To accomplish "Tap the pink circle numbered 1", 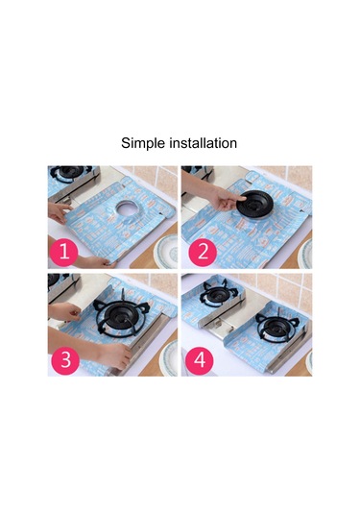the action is pyautogui.click(x=64, y=252).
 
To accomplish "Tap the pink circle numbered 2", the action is pyautogui.click(x=203, y=252).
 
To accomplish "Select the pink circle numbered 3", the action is pyautogui.click(x=65, y=359).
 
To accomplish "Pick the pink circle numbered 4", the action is pyautogui.click(x=200, y=359).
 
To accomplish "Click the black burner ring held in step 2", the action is pyautogui.click(x=254, y=205).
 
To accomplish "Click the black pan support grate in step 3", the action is pyautogui.click(x=120, y=314).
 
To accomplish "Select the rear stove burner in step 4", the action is pyautogui.click(x=216, y=293).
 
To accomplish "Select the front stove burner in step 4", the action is pyautogui.click(x=277, y=325).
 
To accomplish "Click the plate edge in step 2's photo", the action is pyautogui.click(x=305, y=254).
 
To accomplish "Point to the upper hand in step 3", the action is pyautogui.click(x=64, y=311).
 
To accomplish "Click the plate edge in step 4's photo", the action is pyautogui.click(x=309, y=362).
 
